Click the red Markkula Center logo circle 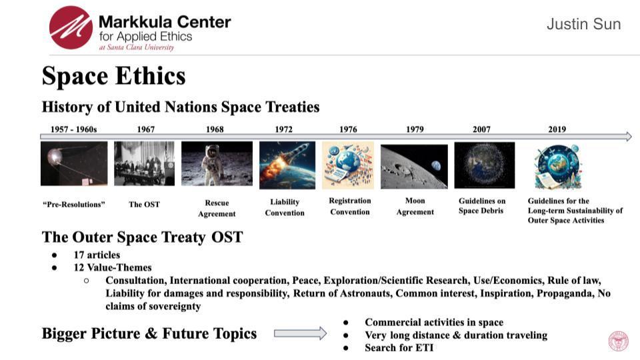[71, 27]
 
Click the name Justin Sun [583, 25]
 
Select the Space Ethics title [113, 76]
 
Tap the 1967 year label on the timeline [145, 129]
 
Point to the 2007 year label [481, 129]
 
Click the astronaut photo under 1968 [217, 163]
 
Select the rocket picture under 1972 [287, 165]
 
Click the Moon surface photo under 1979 [414, 166]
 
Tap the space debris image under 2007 [485, 165]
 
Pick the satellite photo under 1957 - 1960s [74, 163]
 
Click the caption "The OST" [145, 204]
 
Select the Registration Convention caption [349, 206]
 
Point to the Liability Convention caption [285, 207]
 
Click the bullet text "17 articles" [97, 255]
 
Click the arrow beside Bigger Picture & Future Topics [300, 333]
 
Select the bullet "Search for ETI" [399, 347]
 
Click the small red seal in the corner [618, 341]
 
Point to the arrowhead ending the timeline [627, 137]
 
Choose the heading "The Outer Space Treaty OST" [142, 237]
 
